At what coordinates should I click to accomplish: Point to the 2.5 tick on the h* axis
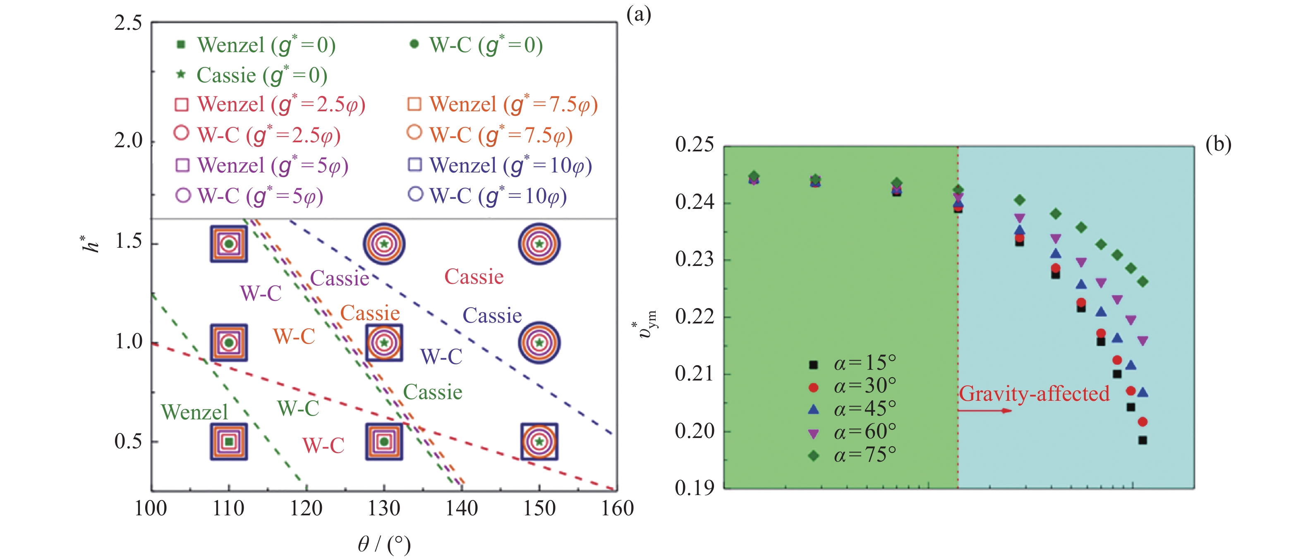coord(128,23)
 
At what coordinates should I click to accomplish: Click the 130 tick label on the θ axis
coord(384,508)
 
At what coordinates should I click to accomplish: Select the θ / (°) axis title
coord(384,544)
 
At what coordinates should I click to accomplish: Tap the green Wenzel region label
coord(194,412)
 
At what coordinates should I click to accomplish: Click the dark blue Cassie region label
coord(492,316)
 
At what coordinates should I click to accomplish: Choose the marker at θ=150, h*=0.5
coord(539,442)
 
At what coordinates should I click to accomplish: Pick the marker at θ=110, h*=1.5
coord(229,244)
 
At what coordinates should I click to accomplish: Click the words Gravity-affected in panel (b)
coord(1034,394)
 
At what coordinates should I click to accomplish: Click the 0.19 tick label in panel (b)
coord(695,488)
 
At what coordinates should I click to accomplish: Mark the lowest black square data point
coord(1142,440)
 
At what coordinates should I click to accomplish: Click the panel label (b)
coord(1218,145)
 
